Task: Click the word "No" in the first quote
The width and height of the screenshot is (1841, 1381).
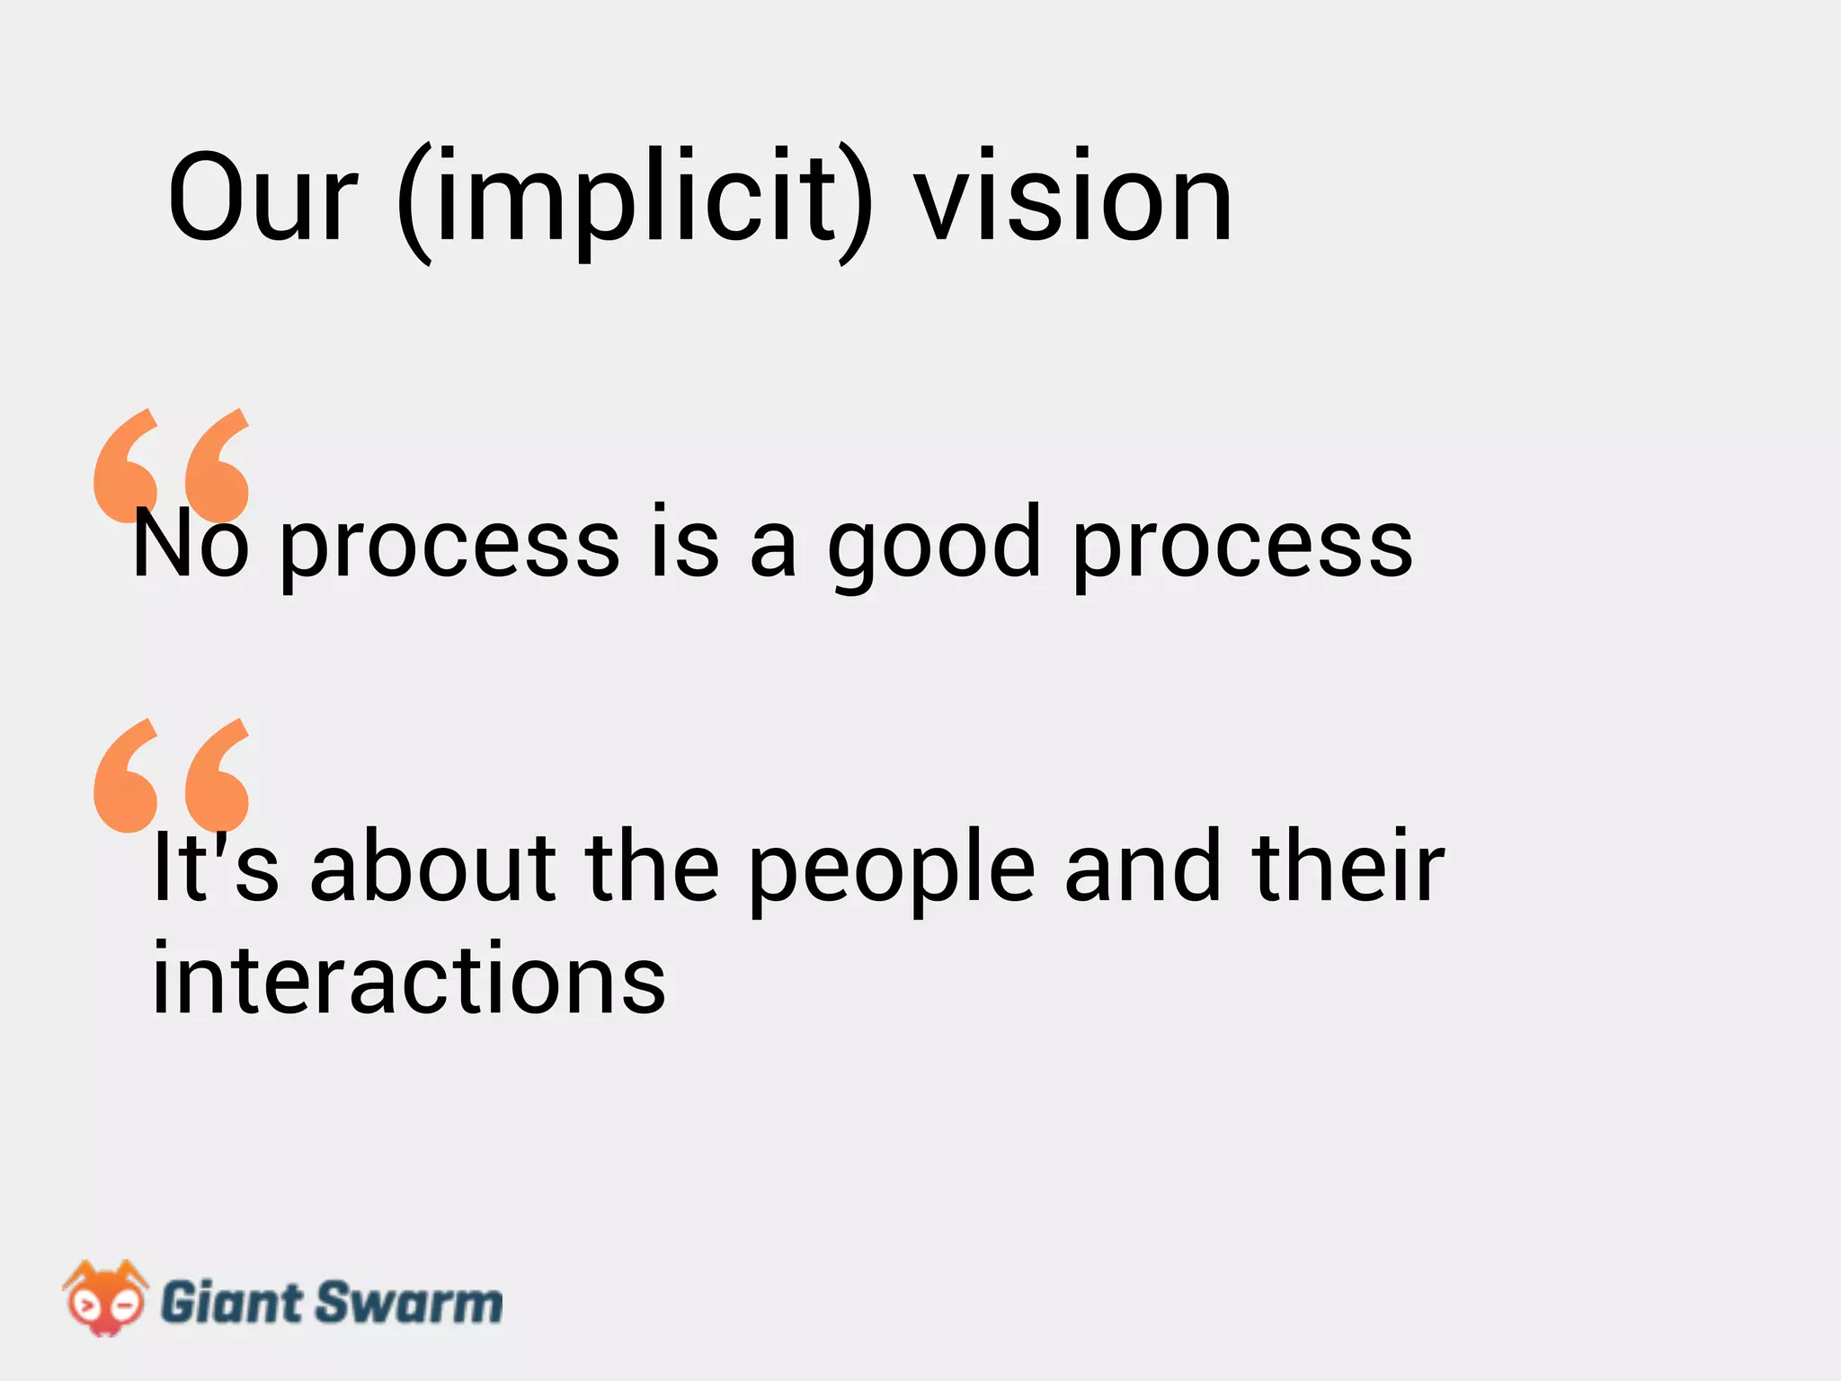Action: tap(190, 543)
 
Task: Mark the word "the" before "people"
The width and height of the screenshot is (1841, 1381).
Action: tap(653, 867)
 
